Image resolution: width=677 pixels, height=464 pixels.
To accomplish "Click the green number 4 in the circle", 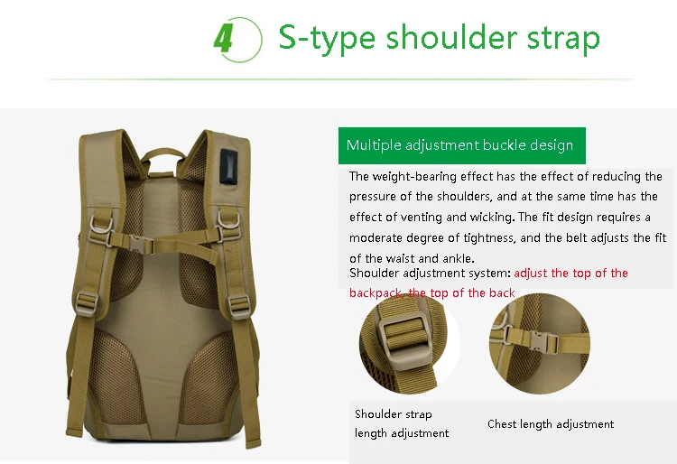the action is pos(224,38).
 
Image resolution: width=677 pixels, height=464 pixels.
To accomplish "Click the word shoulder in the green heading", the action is pos(451,37).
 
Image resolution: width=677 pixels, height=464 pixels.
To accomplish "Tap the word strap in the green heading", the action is pos(563,39).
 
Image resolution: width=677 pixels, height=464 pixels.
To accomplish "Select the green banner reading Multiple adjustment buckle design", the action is pos(462,145).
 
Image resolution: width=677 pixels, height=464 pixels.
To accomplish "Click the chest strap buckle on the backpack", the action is pos(141,245).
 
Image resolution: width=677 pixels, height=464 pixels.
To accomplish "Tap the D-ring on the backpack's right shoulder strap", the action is pos(227,220).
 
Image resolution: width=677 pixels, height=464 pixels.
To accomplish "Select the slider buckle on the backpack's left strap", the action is pos(87,303).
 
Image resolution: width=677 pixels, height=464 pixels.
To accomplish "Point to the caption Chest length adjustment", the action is pos(551,424).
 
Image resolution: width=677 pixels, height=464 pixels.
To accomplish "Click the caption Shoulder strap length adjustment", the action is pos(402,423).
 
